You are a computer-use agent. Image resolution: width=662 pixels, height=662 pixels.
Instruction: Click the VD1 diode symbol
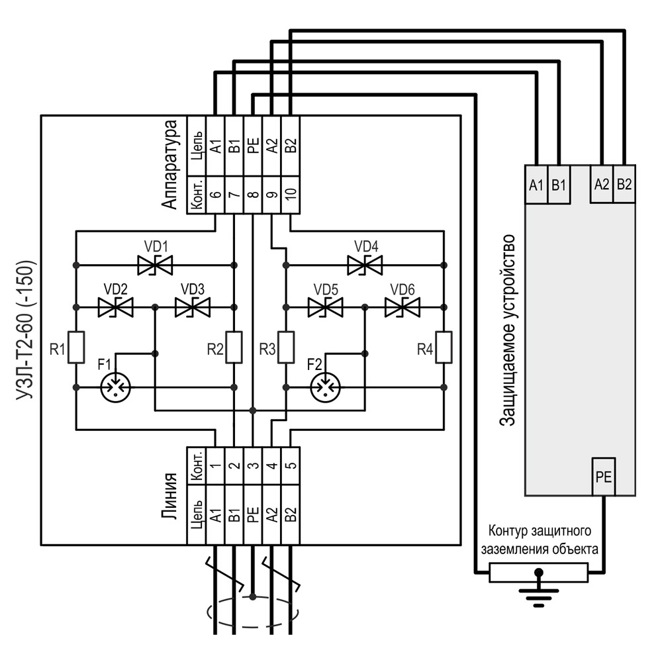(155, 265)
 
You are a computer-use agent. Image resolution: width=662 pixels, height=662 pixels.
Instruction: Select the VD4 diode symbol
(365, 265)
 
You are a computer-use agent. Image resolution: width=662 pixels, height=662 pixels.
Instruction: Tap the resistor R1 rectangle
(76, 348)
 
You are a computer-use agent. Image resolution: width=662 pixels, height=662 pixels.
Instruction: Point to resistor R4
(444, 348)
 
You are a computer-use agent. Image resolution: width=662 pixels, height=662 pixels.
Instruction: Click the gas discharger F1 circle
(115, 387)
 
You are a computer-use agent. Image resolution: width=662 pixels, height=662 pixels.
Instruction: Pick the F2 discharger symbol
(325, 387)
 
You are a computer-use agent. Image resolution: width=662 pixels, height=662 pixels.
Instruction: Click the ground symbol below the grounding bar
(539, 593)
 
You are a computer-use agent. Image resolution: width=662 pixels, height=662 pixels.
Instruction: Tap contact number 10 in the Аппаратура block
(291, 195)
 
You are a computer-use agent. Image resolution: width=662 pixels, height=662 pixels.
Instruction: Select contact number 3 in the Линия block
(253, 465)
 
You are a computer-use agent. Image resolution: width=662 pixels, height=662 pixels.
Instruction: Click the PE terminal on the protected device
(604, 477)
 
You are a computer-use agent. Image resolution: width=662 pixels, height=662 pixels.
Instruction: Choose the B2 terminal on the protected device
(624, 184)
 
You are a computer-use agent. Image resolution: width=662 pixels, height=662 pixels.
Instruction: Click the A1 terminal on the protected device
(536, 184)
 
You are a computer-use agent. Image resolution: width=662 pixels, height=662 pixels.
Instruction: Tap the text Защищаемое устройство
(507, 330)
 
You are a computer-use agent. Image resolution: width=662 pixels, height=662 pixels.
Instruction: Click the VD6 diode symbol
(402, 307)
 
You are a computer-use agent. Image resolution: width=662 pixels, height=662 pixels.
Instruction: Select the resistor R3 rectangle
(286, 348)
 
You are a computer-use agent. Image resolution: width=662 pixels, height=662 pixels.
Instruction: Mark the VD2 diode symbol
(115, 307)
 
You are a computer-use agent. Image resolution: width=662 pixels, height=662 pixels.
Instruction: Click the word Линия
(169, 496)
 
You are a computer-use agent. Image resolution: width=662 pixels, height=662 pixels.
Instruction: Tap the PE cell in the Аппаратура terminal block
(253, 146)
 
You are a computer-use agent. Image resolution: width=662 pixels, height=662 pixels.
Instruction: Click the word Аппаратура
(169, 164)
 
